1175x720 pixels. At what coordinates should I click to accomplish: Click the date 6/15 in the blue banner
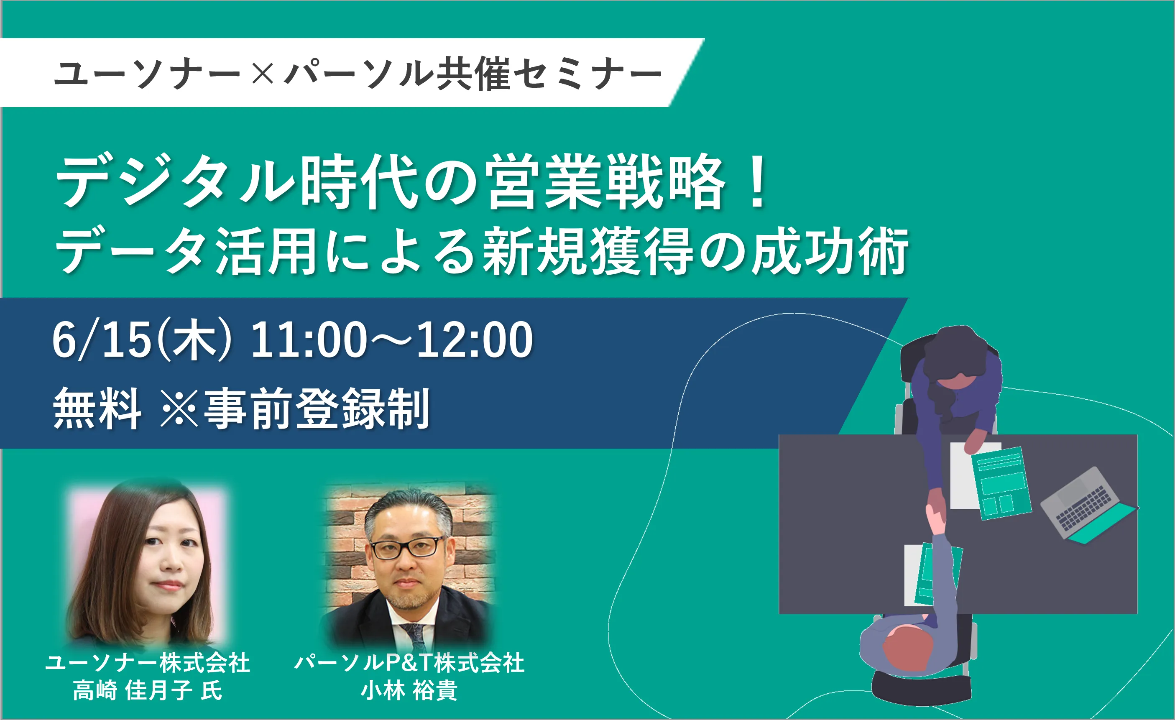click(102, 340)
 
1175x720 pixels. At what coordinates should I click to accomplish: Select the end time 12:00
click(475, 340)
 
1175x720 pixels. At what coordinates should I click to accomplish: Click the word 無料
click(97, 409)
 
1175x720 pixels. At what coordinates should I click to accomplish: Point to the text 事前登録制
click(317, 409)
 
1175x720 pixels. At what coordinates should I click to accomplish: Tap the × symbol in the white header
click(262, 74)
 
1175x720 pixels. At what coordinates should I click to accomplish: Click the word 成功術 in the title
click(830, 251)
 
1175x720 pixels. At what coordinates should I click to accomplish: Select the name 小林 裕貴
click(409, 690)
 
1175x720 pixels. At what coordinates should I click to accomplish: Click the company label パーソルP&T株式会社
click(409, 663)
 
